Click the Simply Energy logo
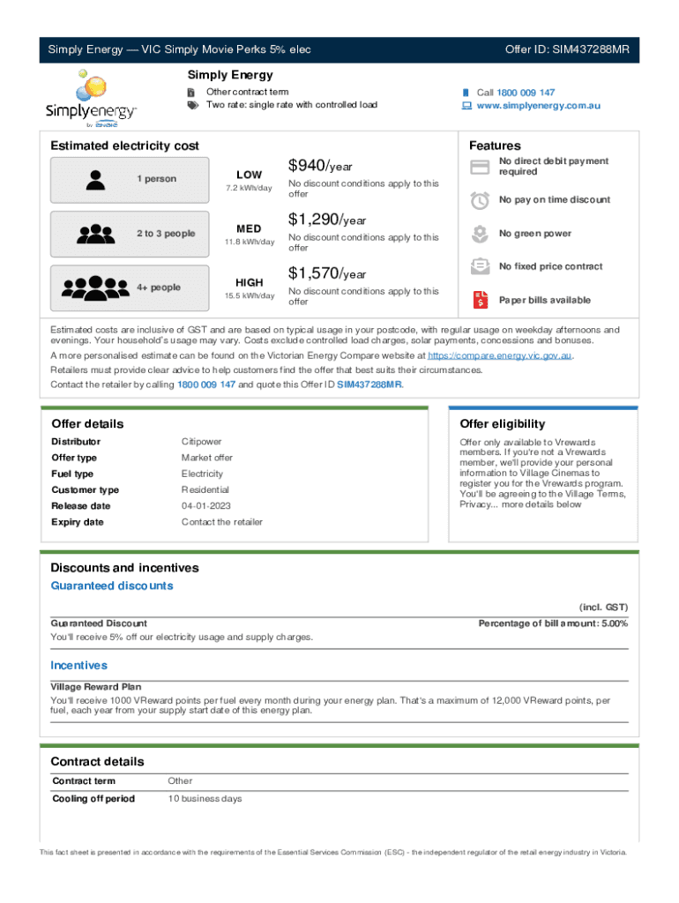(91, 99)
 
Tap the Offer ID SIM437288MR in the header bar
(567, 49)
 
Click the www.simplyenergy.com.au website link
(538, 106)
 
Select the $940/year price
(318, 166)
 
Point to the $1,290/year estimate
(327, 220)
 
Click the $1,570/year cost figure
(327, 274)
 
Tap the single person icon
(94, 180)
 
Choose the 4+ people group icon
(95, 288)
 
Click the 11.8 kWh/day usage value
(250, 243)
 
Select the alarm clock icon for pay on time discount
(480, 200)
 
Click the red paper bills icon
(480, 300)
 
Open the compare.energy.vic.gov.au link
(500, 355)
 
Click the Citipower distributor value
(202, 442)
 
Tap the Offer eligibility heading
(502, 424)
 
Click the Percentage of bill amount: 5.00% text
(553, 623)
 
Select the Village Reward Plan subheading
(96, 686)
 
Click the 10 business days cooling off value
(205, 799)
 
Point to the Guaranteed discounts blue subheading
(112, 586)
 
